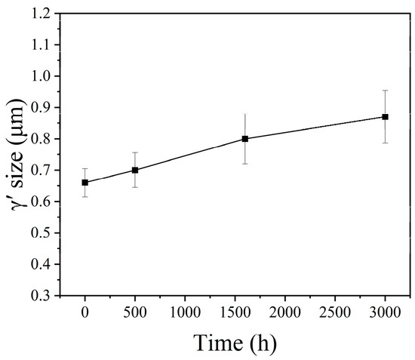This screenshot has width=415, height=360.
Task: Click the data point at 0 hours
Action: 85,183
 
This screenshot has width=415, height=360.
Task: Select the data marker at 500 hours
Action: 135,170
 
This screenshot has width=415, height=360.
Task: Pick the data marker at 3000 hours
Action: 385,117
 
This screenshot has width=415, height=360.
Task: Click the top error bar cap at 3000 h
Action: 385,91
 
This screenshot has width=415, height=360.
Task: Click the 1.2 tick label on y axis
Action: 42,14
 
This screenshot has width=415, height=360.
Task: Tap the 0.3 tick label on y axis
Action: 42,296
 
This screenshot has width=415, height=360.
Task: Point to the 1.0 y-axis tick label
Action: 42,76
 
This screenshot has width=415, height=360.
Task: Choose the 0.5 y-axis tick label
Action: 42,233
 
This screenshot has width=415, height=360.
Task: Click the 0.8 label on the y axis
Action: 42,139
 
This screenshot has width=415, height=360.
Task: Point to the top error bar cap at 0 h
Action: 85,169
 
